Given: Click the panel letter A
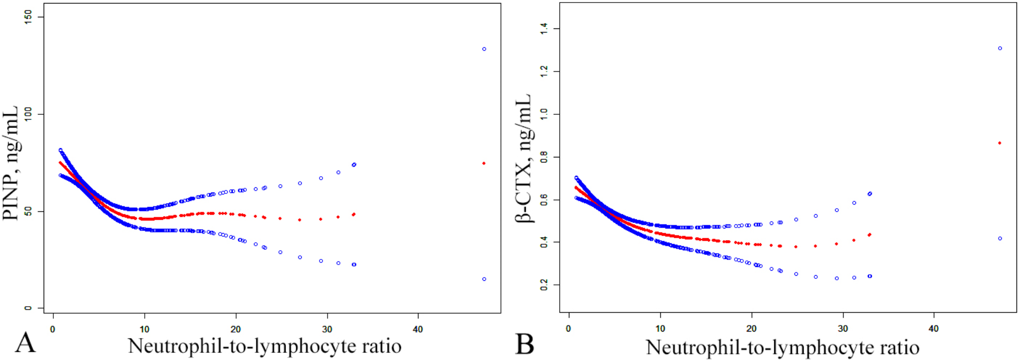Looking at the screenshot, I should tap(25, 343).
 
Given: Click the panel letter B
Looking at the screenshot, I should tap(524, 344).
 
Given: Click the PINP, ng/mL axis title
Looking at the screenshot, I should tap(10, 163).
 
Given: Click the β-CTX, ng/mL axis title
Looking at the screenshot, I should tap(523, 158).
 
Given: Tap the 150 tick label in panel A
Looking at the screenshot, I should tap(28, 17).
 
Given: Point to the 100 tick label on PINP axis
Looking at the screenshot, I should tap(28, 114).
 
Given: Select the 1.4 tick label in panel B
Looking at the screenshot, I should tap(544, 28).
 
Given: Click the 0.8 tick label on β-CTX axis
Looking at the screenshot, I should tap(544, 157).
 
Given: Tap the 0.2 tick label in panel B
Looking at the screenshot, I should tap(544, 285).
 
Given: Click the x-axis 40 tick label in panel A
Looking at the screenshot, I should tap(418, 330).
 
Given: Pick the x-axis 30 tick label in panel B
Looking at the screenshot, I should tap(843, 329).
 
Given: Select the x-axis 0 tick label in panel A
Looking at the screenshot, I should tap(53, 330).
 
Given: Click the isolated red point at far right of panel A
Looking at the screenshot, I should tap(484, 163).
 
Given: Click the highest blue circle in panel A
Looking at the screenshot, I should tap(484, 49).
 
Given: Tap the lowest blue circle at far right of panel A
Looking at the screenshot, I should tap(484, 279).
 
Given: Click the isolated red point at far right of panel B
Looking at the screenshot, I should tap(1000, 143).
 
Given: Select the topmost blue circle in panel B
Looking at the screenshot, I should tap(1000, 49).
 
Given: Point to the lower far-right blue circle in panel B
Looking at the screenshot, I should tap(1000, 239).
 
